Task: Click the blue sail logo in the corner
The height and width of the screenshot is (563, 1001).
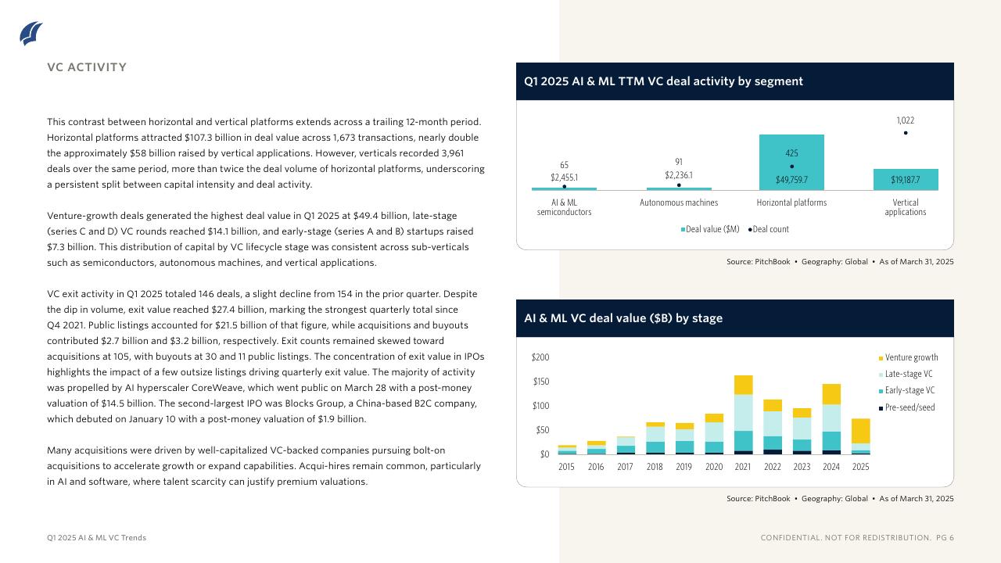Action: (x=31, y=34)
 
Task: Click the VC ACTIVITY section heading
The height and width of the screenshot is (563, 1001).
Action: (x=87, y=67)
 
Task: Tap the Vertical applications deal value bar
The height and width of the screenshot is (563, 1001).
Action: (x=906, y=180)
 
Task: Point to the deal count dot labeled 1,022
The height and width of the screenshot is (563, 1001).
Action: (x=906, y=133)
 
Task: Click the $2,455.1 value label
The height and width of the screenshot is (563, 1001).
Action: (x=564, y=176)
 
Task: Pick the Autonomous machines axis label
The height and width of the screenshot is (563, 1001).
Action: (x=678, y=203)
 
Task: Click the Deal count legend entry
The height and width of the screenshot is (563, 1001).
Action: (x=769, y=229)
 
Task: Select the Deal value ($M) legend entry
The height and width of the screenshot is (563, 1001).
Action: (x=710, y=229)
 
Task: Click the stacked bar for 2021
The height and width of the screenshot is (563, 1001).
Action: (x=743, y=414)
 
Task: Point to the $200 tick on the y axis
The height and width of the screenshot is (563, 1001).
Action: (x=540, y=357)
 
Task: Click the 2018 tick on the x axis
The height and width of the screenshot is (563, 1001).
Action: (x=655, y=467)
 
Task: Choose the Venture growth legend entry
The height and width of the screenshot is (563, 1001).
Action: (x=907, y=357)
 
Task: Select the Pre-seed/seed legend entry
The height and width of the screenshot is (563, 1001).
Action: (x=906, y=407)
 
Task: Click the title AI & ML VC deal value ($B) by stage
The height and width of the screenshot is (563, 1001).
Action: (x=623, y=318)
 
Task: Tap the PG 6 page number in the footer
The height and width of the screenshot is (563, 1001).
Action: (x=945, y=538)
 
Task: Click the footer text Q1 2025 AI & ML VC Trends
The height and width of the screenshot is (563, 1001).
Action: (x=96, y=538)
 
